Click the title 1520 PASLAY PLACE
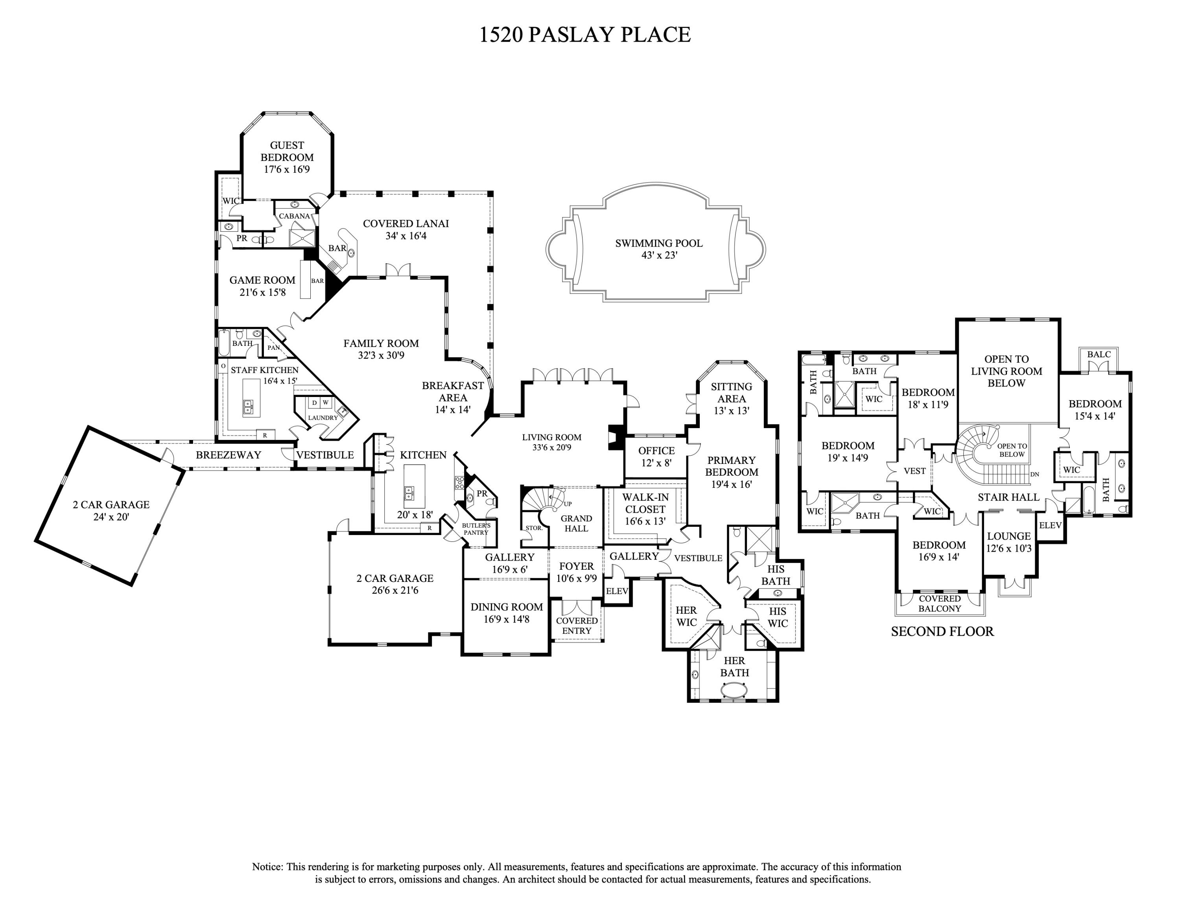coord(585,35)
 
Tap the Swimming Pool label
coord(658,243)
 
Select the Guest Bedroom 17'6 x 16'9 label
coord(287,157)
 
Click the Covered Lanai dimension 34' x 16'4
coord(406,236)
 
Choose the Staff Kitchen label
coord(264,370)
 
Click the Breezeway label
coord(228,455)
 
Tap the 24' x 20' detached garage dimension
coord(111,517)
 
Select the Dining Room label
coord(506,607)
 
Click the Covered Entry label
coord(577,626)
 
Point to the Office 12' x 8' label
coord(656,456)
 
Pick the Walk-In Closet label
coord(645,503)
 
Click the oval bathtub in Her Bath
coord(734,690)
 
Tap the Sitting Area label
coord(731,393)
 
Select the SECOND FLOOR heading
coord(942,631)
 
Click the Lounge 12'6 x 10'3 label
coord(1009,542)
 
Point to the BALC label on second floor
coord(1099,354)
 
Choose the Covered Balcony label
coord(940,604)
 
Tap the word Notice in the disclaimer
coord(267,867)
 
